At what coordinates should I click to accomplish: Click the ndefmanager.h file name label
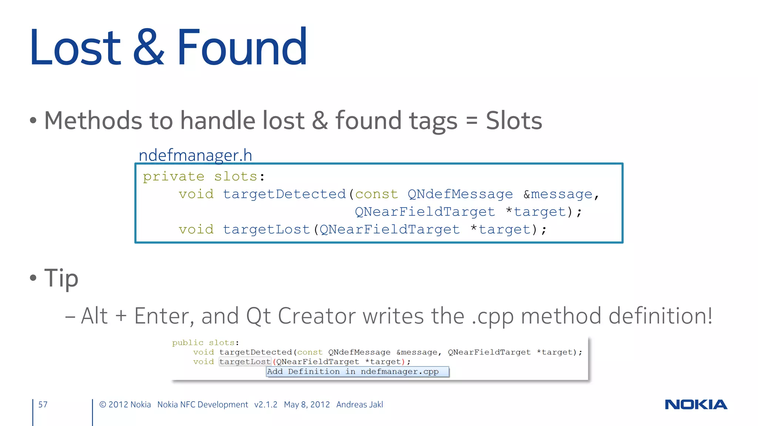(195, 155)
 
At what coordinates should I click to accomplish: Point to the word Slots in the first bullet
(514, 121)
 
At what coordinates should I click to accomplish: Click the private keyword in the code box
(174, 177)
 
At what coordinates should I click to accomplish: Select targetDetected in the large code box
(284, 194)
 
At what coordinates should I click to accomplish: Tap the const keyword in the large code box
(376, 194)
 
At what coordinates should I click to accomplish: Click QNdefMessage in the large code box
(460, 194)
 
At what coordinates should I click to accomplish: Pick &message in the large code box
(558, 194)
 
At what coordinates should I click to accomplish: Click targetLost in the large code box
(266, 230)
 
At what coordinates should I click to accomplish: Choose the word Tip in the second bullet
(61, 278)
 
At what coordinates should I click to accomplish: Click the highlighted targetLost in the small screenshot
(245, 362)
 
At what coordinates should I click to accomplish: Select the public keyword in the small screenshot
(188, 343)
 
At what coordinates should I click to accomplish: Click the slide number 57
(43, 405)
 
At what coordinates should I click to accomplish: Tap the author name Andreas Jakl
(359, 405)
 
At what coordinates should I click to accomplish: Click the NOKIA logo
(696, 405)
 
